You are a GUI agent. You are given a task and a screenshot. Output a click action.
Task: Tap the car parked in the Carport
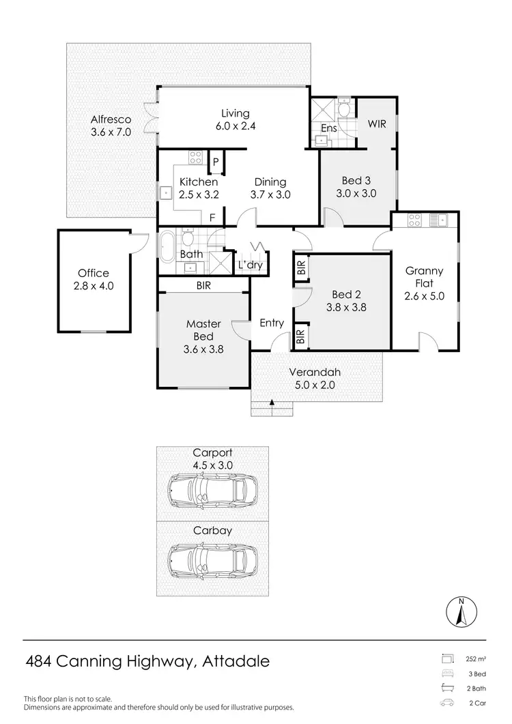tap(208, 489)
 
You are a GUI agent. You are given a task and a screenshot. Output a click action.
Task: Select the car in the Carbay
tap(208, 560)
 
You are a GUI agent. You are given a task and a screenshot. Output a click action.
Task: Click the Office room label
tap(94, 273)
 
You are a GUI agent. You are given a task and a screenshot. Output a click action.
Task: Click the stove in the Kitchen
tap(195, 158)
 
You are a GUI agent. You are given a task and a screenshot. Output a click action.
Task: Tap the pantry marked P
tap(216, 162)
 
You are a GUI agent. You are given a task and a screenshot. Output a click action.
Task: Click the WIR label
tap(377, 124)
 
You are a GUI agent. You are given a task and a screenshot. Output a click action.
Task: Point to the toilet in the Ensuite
tap(344, 108)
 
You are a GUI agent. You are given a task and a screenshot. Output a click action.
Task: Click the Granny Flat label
tap(423, 277)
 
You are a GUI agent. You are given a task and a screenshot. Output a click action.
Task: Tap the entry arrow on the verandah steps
tap(272, 403)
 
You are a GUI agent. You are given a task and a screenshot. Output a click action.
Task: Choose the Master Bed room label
tap(203, 330)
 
